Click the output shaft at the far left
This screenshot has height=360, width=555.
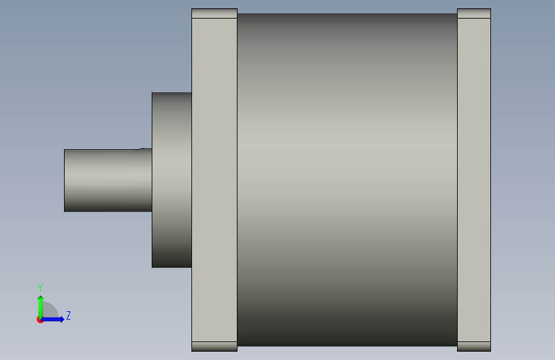108,181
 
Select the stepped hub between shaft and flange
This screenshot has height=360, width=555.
172,180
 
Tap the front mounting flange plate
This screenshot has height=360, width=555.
214,180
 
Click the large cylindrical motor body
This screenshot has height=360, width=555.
347,180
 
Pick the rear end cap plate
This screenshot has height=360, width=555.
474,180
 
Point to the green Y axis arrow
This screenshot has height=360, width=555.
41,307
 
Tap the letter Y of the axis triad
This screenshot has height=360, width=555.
40,288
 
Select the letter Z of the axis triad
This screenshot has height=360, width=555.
68,315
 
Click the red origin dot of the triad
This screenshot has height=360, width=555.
39,320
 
